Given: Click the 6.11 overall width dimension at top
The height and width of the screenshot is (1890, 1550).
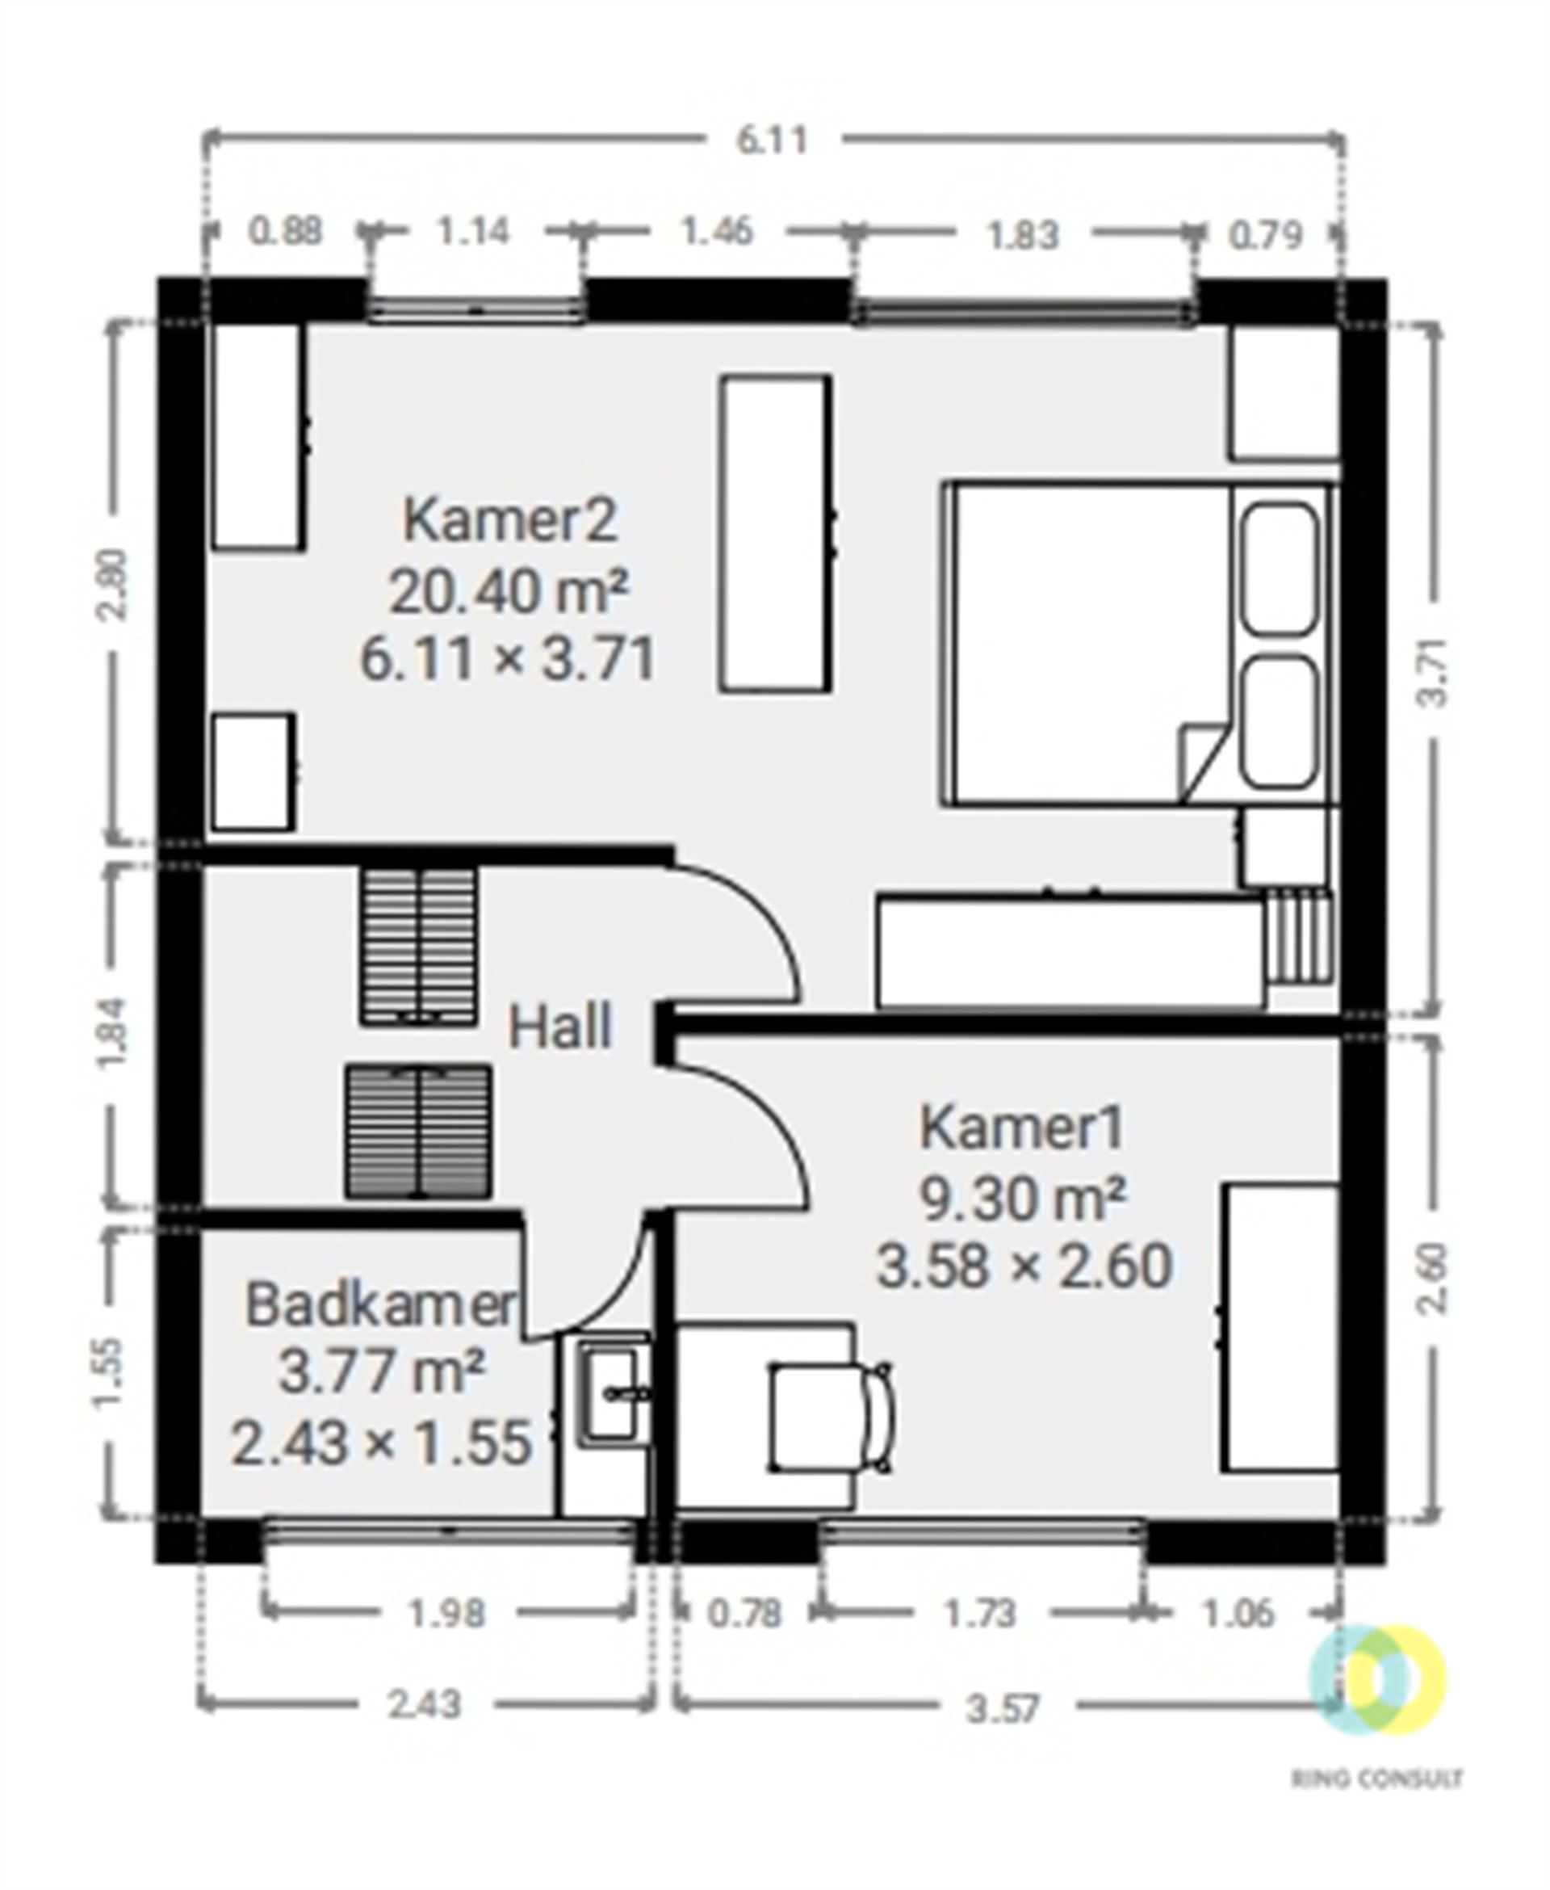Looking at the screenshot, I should pyautogui.click(x=772, y=141).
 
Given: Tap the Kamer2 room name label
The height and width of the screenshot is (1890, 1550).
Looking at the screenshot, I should pyautogui.click(x=510, y=520).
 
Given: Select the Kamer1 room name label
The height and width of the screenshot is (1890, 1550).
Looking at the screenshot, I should pyautogui.click(x=1023, y=1128).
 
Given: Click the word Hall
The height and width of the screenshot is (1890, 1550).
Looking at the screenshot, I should pyautogui.click(x=559, y=1027).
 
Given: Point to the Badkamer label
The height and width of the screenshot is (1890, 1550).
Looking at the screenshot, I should pyautogui.click(x=381, y=1305).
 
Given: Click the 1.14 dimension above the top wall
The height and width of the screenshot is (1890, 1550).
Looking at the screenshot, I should pyautogui.click(x=473, y=233).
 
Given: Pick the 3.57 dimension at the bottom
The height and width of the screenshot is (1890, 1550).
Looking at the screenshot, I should pyautogui.click(x=1003, y=1710).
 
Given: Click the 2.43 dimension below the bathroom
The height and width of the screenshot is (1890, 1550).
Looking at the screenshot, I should pyautogui.click(x=424, y=1705).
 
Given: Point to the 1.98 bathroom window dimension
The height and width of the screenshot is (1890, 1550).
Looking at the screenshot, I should pyautogui.click(x=446, y=1614).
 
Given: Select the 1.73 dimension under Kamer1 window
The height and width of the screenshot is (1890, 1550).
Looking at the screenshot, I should pyautogui.click(x=980, y=1614).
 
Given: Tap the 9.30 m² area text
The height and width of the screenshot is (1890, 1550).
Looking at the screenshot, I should pyautogui.click(x=1021, y=1198).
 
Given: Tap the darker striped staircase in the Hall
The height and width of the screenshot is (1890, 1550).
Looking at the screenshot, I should pyautogui.click(x=419, y=1132).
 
